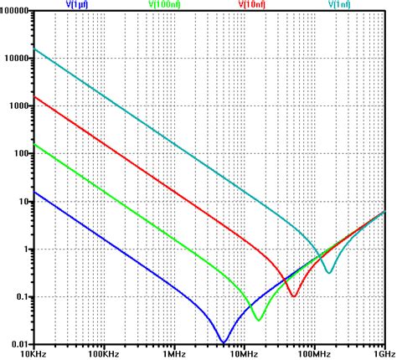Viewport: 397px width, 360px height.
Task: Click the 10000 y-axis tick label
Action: (x=18, y=59)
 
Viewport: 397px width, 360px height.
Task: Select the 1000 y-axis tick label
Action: (x=20, y=106)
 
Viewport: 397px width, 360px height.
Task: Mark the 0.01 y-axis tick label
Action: (x=22, y=344)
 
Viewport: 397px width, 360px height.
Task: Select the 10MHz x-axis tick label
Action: (x=245, y=354)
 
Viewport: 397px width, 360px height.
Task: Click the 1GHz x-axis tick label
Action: (x=384, y=354)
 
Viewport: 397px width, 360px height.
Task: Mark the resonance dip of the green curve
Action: (x=258, y=320)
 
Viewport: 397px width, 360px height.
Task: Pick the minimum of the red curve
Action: (x=293, y=296)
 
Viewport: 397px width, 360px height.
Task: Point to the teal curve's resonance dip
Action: (x=329, y=272)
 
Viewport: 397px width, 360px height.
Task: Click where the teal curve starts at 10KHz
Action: (x=34, y=49)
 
